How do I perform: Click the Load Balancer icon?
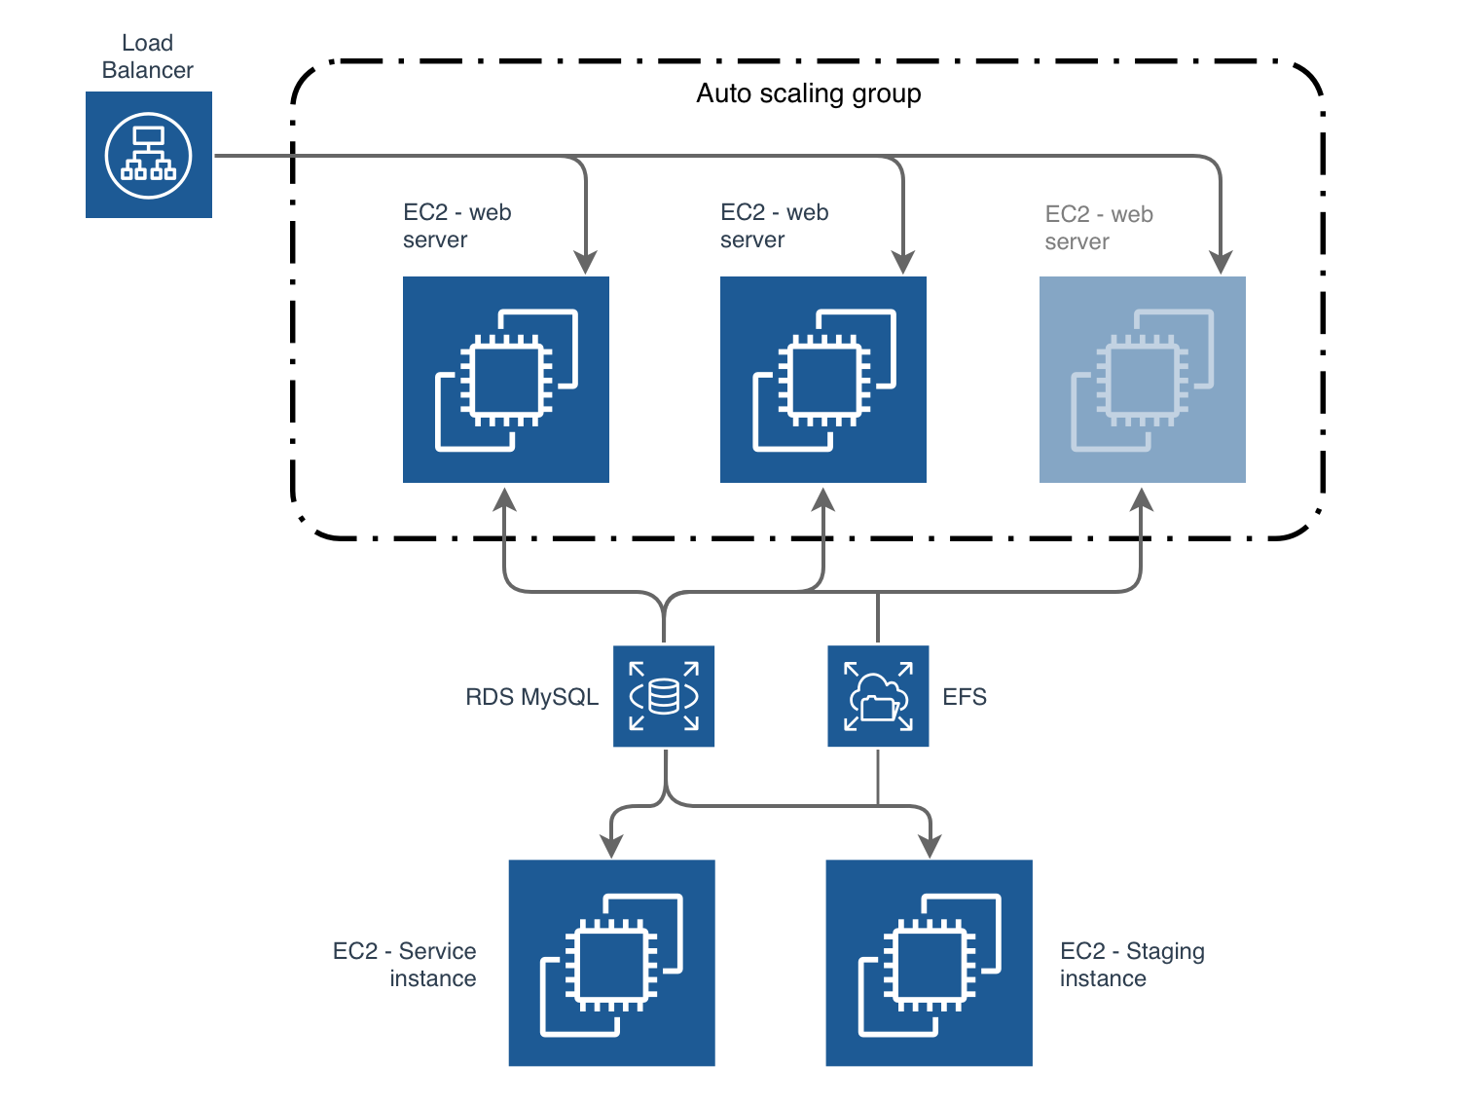pyautogui.click(x=149, y=155)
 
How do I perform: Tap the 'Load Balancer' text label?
pyautogui.click(x=147, y=56)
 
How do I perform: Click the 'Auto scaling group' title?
pyautogui.click(x=808, y=93)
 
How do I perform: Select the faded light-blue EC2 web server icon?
pyautogui.click(x=1142, y=380)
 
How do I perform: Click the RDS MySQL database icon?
pyautogui.click(x=664, y=696)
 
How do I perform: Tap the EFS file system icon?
pyautogui.click(x=878, y=696)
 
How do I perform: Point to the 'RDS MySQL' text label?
pyautogui.click(x=531, y=697)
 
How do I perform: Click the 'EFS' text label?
pyautogui.click(x=964, y=697)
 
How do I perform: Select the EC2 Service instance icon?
pyautogui.click(x=611, y=962)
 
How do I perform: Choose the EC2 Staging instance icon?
pyautogui.click(x=929, y=962)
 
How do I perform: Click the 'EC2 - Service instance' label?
pyautogui.click(x=405, y=964)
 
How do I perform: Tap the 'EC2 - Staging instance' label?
pyautogui.click(x=1131, y=964)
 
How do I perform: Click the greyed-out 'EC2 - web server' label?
pyautogui.click(x=1098, y=228)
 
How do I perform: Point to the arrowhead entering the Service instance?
pyautogui.click(x=611, y=845)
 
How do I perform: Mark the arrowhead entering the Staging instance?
pyautogui.click(x=930, y=845)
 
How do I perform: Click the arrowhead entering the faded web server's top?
pyautogui.click(x=1221, y=262)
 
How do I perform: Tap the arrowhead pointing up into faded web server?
pyautogui.click(x=1142, y=500)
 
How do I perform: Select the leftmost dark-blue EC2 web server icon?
pyautogui.click(x=506, y=380)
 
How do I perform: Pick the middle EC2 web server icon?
pyautogui.click(x=823, y=380)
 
